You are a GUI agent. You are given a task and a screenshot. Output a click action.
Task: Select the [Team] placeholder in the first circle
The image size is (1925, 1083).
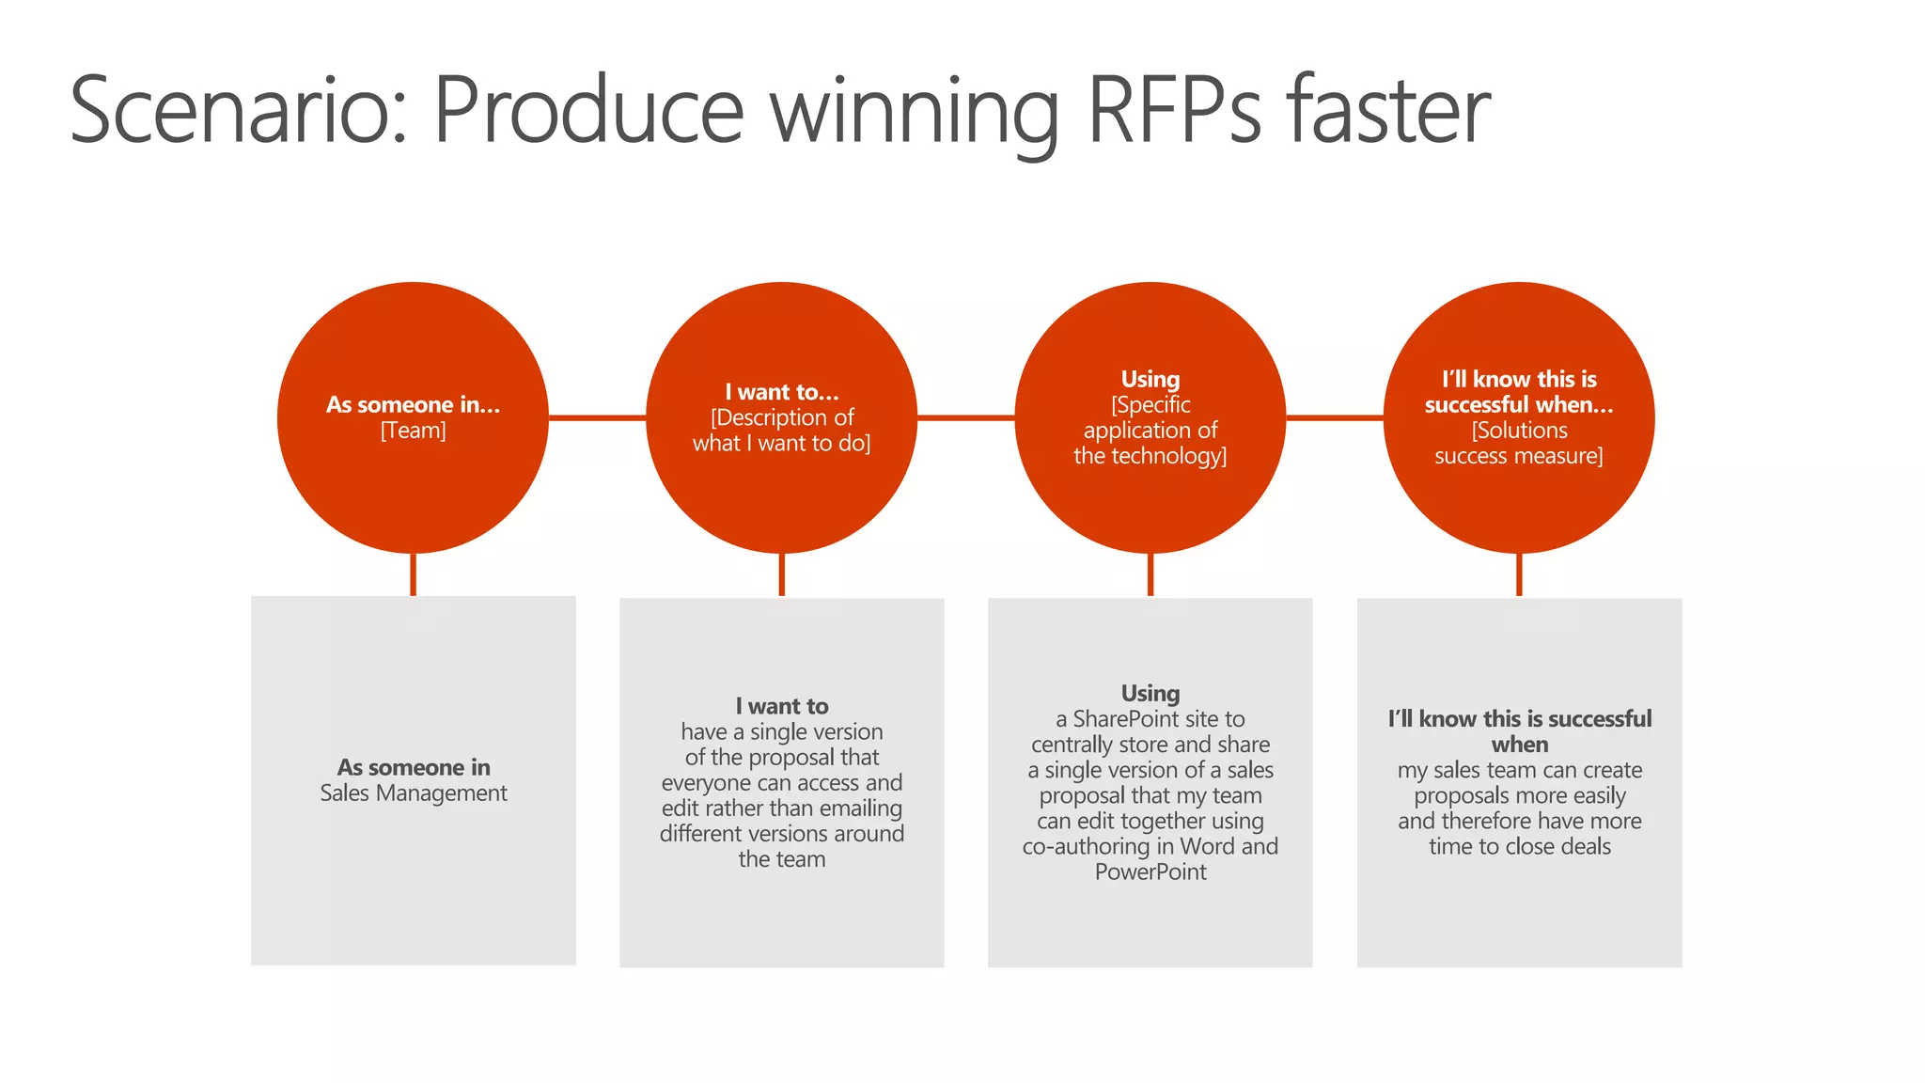coord(413,431)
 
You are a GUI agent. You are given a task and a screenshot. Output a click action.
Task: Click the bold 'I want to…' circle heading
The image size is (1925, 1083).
coord(781,392)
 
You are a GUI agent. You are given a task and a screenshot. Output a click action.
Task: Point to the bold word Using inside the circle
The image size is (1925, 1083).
coord(1150,379)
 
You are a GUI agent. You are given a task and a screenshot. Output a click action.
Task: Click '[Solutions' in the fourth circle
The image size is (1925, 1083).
coord(1519,431)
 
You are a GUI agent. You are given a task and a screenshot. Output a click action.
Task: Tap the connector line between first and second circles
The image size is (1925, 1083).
coord(597,417)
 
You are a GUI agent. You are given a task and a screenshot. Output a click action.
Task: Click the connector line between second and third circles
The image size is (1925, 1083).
coord(965,417)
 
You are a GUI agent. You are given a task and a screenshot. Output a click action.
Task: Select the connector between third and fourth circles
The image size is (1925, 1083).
coord(1334,417)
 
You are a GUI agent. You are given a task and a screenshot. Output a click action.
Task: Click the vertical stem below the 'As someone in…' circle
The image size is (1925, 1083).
coord(413,574)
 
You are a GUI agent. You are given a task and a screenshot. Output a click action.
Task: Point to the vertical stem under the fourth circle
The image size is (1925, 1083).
coord(1519,574)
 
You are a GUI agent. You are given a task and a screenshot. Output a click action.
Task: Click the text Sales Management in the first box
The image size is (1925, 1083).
coord(413,793)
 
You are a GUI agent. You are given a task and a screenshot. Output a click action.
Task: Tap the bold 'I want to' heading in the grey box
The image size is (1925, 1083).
coord(781,706)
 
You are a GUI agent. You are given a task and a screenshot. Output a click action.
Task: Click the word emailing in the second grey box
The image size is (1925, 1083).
coord(854,808)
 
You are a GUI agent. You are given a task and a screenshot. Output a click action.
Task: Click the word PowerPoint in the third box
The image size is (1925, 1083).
coord(1150,872)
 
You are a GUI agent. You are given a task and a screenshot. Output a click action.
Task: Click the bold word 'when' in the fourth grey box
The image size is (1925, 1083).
coord(1519,745)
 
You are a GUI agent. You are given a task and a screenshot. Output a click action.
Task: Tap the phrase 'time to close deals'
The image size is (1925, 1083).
coord(1519,847)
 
